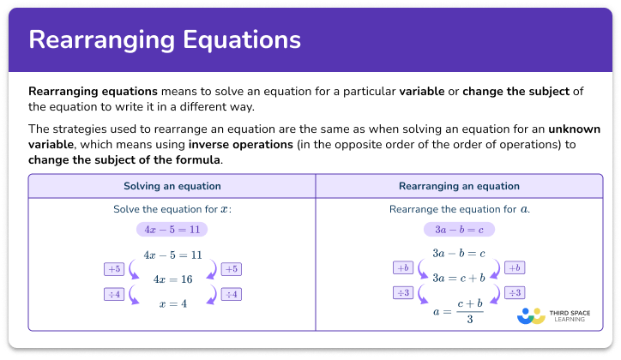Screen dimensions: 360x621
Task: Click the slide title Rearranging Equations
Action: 165,39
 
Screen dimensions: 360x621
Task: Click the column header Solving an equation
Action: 172,186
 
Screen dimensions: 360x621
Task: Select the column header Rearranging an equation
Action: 459,186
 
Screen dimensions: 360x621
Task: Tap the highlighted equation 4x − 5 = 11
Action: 172,230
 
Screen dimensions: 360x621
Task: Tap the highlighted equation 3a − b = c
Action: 459,230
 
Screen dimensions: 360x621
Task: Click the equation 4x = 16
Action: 172,279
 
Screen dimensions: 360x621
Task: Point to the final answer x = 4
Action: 172,304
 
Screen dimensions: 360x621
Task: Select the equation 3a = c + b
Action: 459,277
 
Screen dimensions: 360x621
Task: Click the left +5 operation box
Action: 115,268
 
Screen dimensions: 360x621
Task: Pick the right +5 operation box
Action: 231,268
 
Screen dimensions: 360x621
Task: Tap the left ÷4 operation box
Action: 115,294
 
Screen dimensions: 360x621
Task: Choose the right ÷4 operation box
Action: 231,294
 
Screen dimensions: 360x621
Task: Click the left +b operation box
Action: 403,267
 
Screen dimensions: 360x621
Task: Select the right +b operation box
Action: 515,267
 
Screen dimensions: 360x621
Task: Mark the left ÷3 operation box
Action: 403,293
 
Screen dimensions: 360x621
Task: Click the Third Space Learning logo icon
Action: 531,315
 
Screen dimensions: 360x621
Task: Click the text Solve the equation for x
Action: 172,209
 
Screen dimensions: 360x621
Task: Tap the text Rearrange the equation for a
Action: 459,209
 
